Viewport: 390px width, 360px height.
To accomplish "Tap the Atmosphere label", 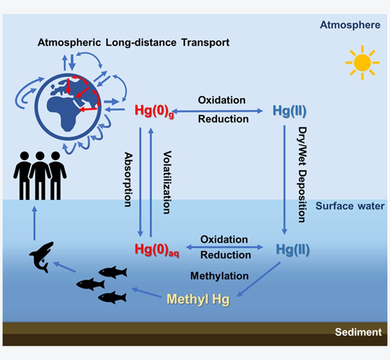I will click(350, 25).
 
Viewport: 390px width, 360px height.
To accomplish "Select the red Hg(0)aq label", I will click(156, 249).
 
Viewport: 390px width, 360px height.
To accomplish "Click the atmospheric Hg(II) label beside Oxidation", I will click(289, 111).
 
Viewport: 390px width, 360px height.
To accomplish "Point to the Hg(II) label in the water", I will click(292, 249).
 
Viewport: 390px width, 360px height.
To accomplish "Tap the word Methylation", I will click(219, 276).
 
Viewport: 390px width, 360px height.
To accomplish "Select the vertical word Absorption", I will click(127, 178).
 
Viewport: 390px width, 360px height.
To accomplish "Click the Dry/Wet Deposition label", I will click(302, 174).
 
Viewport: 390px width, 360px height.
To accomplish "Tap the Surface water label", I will click(350, 206).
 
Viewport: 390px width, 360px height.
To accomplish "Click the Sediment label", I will click(358, 332).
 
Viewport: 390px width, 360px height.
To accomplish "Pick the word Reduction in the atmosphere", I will click(223, 119).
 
